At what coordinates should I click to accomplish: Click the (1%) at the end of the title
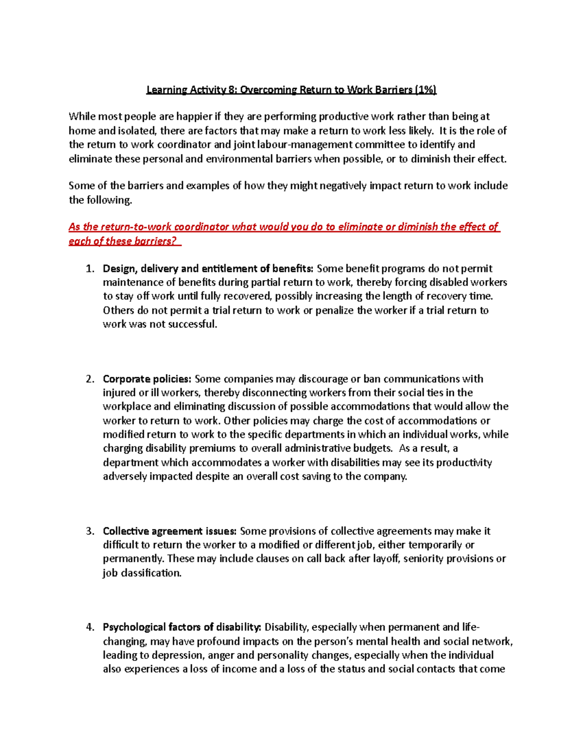tap(426, 89)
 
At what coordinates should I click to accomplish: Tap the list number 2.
tap(89, 379)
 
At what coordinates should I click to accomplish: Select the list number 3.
tap(89, 531)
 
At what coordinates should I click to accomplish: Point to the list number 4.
tap(89, 627)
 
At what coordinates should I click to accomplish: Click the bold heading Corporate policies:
tap(147, 379)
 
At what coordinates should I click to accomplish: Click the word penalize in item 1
tap(335, 310)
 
